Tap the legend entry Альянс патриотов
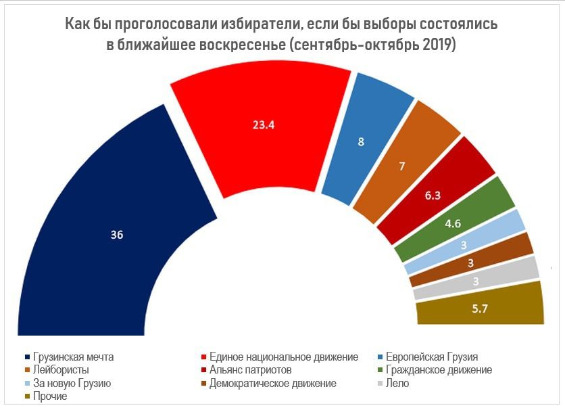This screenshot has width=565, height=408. coord(250,370)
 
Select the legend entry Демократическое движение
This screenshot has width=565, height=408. coord(272,384)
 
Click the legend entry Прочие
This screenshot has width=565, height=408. coord(50,396)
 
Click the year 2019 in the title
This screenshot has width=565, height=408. coord(438,45)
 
